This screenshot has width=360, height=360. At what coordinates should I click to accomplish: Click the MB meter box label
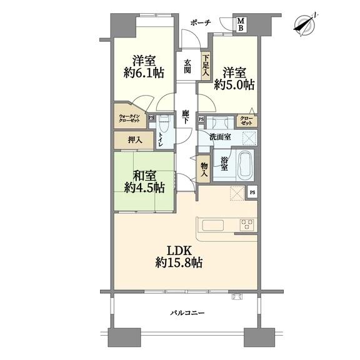coord(241,24)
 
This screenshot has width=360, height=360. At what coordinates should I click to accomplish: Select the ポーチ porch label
coord(201,22)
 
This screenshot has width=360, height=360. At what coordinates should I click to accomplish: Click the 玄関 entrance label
coord(187,66)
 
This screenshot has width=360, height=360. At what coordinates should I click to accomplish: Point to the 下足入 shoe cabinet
coord(206,67)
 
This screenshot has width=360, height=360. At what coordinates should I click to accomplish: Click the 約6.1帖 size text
coord(144,73)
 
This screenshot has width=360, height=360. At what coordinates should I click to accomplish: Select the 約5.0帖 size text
coord(234,85)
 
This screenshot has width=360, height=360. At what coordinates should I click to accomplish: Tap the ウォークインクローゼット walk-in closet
coord(129,116)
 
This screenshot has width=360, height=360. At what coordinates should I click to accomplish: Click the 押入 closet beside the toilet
coord(134,140)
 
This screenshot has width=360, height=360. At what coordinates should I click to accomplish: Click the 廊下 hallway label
coord(185,117)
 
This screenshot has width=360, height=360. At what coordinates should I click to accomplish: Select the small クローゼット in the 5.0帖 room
coord(247,121)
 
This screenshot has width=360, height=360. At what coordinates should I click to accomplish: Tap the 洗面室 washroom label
coord(220,137)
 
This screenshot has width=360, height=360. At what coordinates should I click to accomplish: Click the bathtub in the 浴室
coord(246,165)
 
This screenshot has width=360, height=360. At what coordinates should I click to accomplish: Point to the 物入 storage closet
coord(204,169)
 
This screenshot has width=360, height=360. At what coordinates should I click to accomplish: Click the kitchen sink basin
coord(213,225)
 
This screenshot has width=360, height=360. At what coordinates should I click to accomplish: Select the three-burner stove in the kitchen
coord(247,225)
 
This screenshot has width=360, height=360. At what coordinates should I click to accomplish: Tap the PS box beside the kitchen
coord(252,192)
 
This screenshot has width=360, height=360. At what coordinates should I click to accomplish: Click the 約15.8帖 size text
coord(179,262)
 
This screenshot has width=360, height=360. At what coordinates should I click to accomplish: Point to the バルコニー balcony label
coord(187,312)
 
